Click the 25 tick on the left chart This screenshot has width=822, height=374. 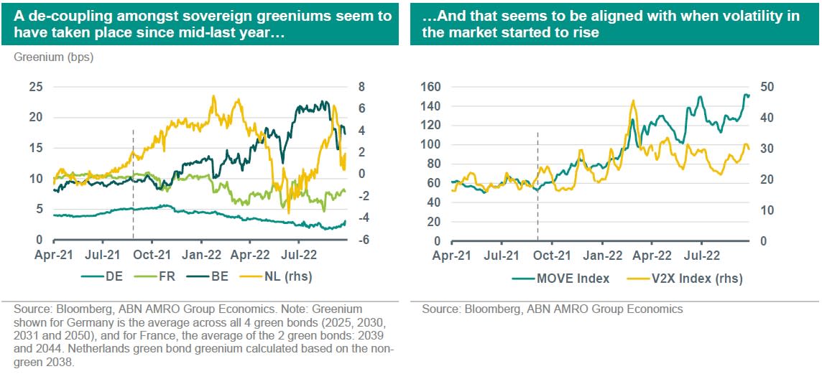pyautogui.click(x=35, y=87)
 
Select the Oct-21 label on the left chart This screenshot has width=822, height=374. pyautogui.click(x=152, y=254)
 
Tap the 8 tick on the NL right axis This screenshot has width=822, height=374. pyautogui.click(x=361, y=87)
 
